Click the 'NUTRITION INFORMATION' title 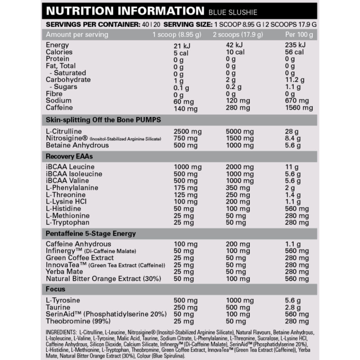tap(125, 11)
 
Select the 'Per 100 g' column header tap(299, 35)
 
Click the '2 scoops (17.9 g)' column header tap(238, 35)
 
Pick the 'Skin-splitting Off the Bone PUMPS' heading tap(103, 120)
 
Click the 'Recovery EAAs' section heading tap(69, 156)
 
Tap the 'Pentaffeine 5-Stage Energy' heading tap(91, 233)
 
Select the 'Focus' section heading tap(55, 289)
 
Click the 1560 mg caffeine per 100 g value tap(299, 108)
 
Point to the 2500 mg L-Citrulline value tap(188, 132)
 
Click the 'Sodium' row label tap(59, 101)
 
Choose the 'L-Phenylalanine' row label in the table tap(72, 188)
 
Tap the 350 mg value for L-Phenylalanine tap(238, 188)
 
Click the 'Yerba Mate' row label tap(64, 272)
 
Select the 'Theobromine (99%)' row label tap(78, 321)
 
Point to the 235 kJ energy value tap(295, 45)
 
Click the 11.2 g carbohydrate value tap(295, 80)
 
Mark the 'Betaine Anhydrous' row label tap(77, 145)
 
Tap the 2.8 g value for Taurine tap(293, 307)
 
